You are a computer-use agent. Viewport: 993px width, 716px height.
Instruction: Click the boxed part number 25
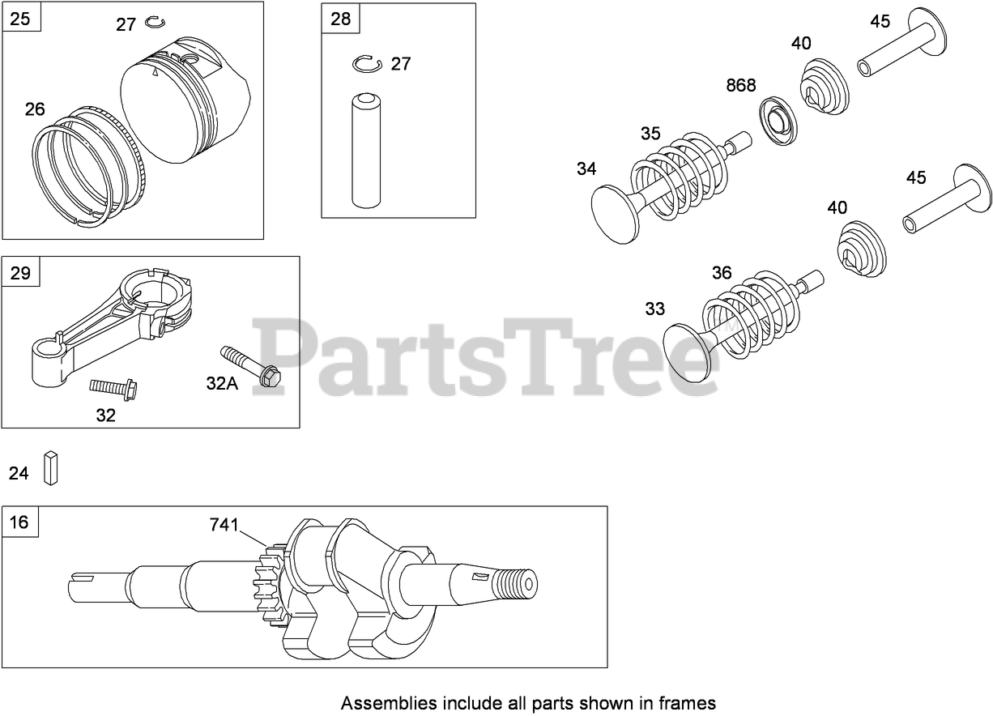(20, 18)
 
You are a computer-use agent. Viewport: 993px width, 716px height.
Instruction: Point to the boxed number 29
(20, 272)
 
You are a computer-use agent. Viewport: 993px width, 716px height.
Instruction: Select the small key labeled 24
(52, 467)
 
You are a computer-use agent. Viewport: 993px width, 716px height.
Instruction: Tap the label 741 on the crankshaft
(224, 526)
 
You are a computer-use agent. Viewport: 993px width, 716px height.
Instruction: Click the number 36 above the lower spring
(722, 273)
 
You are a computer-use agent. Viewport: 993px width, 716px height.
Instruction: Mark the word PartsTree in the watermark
(486, 356)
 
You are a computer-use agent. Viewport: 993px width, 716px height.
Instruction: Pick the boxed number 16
(19, 522)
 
